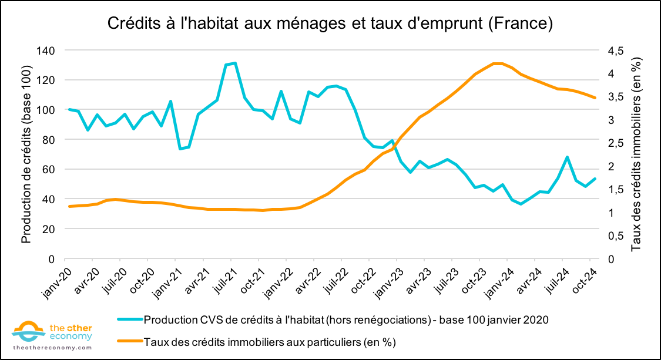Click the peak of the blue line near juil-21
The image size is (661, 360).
(x=235, y=63)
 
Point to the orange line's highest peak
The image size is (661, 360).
(x=497, y=63)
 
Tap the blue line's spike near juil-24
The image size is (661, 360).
(x=567, y=157)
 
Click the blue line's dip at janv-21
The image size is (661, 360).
(x=180, y=149)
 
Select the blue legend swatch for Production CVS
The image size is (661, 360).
(x=129, y=320)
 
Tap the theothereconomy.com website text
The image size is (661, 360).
(x=52, y=348)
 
